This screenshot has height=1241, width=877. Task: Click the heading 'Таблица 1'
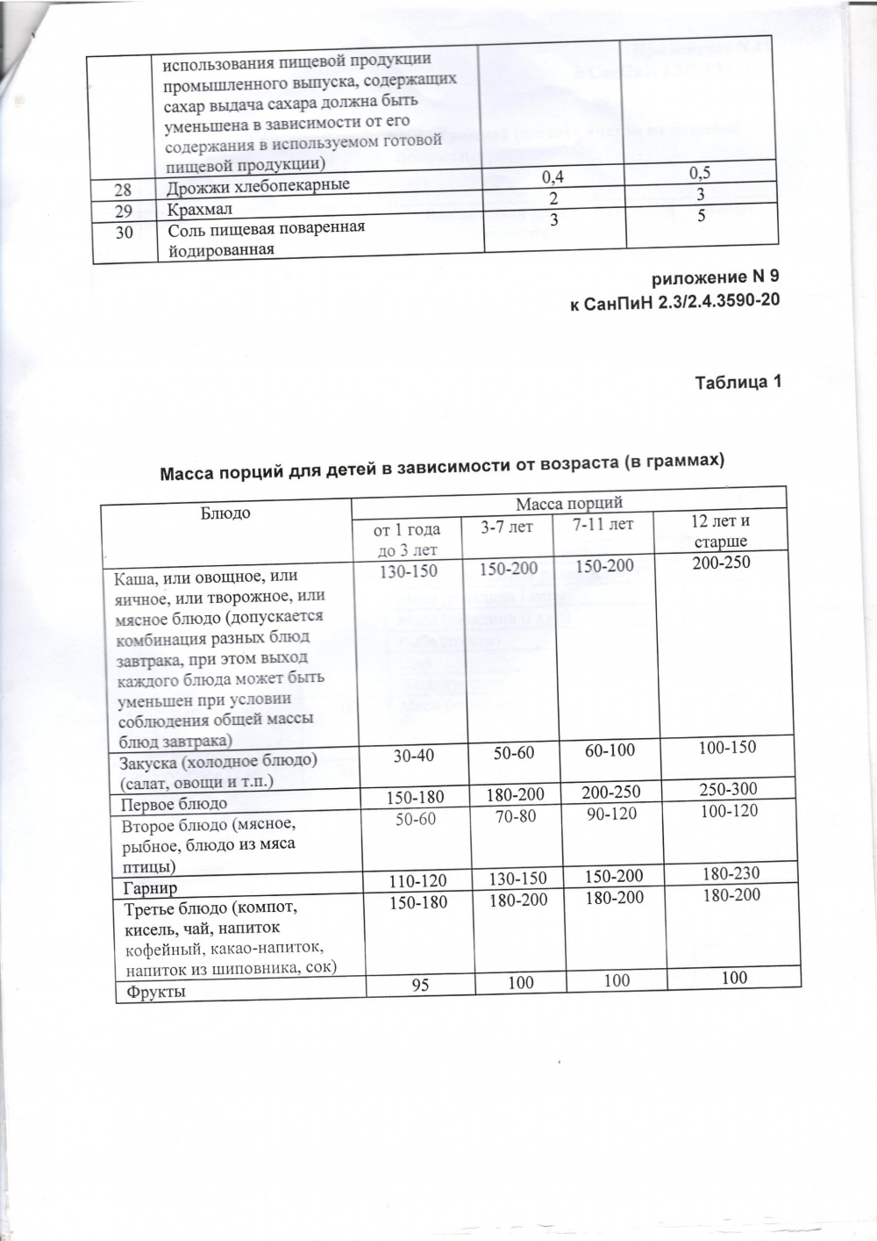[737, 383]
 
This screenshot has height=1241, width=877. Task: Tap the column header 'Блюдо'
[226, 512]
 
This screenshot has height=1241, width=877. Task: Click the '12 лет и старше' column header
[720, 531]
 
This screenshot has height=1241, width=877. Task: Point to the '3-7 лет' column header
[506, 527]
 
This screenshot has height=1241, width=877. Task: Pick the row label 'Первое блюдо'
[174, 803]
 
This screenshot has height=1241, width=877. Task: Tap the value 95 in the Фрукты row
[421, 985]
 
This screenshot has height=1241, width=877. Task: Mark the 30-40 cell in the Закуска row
[412, 755]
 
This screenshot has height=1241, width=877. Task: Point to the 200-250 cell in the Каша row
[721, 563]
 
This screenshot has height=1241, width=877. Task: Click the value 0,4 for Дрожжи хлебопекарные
[553, 177]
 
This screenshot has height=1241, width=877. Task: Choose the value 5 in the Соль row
[699, 215]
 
